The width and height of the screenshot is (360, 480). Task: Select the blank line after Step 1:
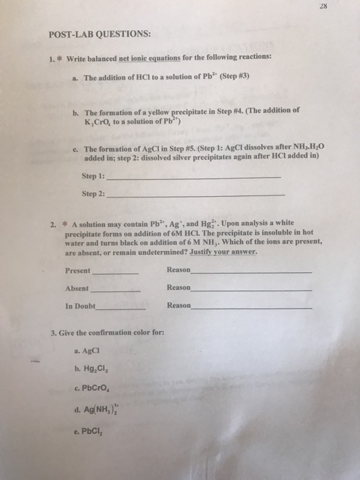[195, 177]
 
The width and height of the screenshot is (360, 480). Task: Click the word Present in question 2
[77, 270]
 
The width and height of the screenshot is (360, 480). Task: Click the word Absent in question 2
[77, 288]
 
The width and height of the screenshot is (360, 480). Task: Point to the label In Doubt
[80, 306]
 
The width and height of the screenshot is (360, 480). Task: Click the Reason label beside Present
[178, 270]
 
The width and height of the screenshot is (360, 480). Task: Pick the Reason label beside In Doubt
[178, 306]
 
